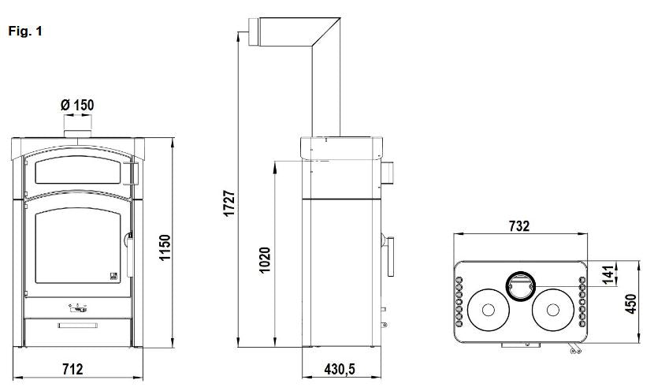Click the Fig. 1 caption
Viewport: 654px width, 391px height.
coord(25,32)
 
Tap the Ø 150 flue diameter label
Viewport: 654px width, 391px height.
coord(77,105)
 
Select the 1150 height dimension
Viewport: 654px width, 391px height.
coord(165,248)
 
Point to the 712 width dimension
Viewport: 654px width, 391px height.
coord(73,369)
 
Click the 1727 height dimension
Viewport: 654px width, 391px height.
coord(229,203)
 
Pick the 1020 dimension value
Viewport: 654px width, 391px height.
coord(265,260)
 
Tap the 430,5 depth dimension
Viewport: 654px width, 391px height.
coord(340,369)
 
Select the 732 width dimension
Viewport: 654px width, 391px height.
coord(519,225)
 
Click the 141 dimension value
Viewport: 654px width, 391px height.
coord(610,274)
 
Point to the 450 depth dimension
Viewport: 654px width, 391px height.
coord(630,303)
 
